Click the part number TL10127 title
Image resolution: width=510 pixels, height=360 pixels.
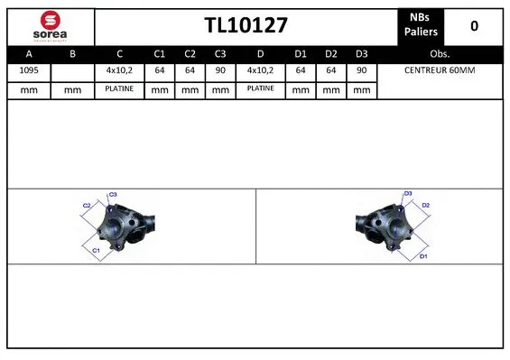click(x=246, y=26)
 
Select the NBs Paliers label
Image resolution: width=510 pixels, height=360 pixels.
click(x=420, y=26)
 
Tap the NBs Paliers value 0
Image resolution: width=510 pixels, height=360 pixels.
click(x=474, y=26)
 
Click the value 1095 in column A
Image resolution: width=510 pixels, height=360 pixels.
click(x=28, y=69)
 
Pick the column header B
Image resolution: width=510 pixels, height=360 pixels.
click(x=73, y=53)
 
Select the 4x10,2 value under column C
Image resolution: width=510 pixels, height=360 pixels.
click(x=119, y=69)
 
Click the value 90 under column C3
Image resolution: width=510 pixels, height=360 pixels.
click(x=219, y=69)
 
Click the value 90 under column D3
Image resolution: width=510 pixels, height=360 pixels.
click(x=361, y=69)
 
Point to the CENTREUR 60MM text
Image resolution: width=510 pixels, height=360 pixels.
click(x=440, y=69)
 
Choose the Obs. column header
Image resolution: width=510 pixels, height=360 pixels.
click(x=440, y=53)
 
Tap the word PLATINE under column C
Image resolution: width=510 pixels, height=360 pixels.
click(x=119, y=88)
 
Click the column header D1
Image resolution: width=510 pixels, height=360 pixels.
click(x=301, y=53)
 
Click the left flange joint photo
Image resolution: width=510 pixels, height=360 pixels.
click(x=121, y=226)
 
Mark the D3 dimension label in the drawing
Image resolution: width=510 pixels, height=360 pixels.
click(x=408, y=194)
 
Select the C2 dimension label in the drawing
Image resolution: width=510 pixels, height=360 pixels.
click(x=88, y=206)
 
